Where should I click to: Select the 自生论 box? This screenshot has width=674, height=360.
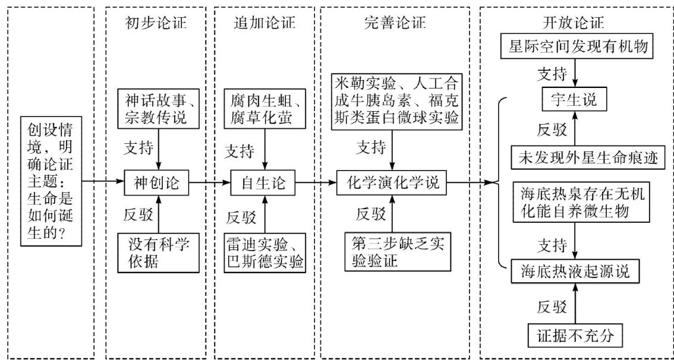[x=263, y=184]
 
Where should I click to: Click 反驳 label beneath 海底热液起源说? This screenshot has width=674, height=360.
[x=549, y=308]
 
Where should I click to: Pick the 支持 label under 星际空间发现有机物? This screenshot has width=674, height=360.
[x=549, y=74]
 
